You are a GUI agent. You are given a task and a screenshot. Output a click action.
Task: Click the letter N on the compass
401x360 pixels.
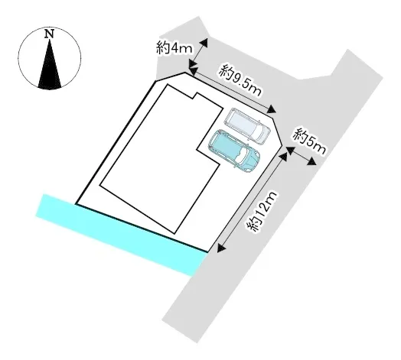(x=49, y=34)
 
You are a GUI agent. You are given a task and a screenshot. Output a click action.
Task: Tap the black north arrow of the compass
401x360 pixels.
(x=49, y=64)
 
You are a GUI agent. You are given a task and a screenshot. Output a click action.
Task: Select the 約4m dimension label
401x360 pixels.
(x=174, y=48)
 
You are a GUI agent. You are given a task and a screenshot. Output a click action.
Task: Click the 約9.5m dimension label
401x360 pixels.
(x=240, y=80)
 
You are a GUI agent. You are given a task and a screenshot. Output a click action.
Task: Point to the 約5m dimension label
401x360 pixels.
(x=309, y=141)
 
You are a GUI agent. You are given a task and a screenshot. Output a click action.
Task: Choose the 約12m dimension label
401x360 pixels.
(x=262, y=212)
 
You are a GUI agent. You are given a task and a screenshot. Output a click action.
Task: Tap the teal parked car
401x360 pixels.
(x=234, y=151)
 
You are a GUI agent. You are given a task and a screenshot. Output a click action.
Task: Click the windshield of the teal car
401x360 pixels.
(x=241, y=156)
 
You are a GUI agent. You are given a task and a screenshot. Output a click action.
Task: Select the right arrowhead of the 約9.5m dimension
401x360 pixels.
(x=272, y=110)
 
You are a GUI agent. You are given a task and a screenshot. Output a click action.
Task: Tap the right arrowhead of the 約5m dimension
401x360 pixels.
(x=312, y=161)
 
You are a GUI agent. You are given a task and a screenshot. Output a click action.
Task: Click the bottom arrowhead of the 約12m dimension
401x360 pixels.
(x=221, y=248)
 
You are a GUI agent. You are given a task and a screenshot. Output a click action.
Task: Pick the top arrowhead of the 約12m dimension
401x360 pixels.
(x=284, y=157)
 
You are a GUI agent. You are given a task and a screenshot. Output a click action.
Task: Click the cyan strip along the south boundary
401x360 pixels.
(x=121, y=235)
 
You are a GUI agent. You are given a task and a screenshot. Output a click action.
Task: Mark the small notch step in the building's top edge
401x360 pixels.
(x=195, y=96)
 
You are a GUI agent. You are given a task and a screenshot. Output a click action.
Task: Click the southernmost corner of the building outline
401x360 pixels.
(x=175, y=234)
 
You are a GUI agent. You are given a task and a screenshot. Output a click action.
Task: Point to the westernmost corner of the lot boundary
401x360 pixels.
(x=76, y=204)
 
